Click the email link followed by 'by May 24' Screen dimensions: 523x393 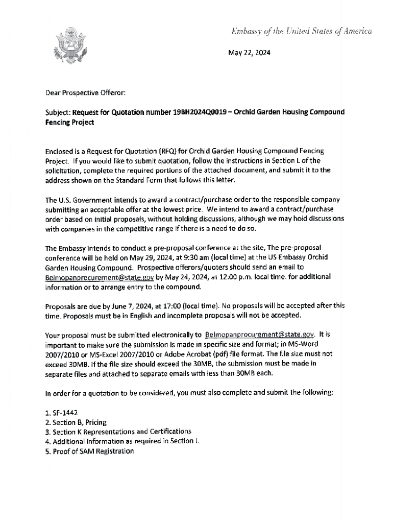100,277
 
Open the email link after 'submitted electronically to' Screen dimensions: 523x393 259,335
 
